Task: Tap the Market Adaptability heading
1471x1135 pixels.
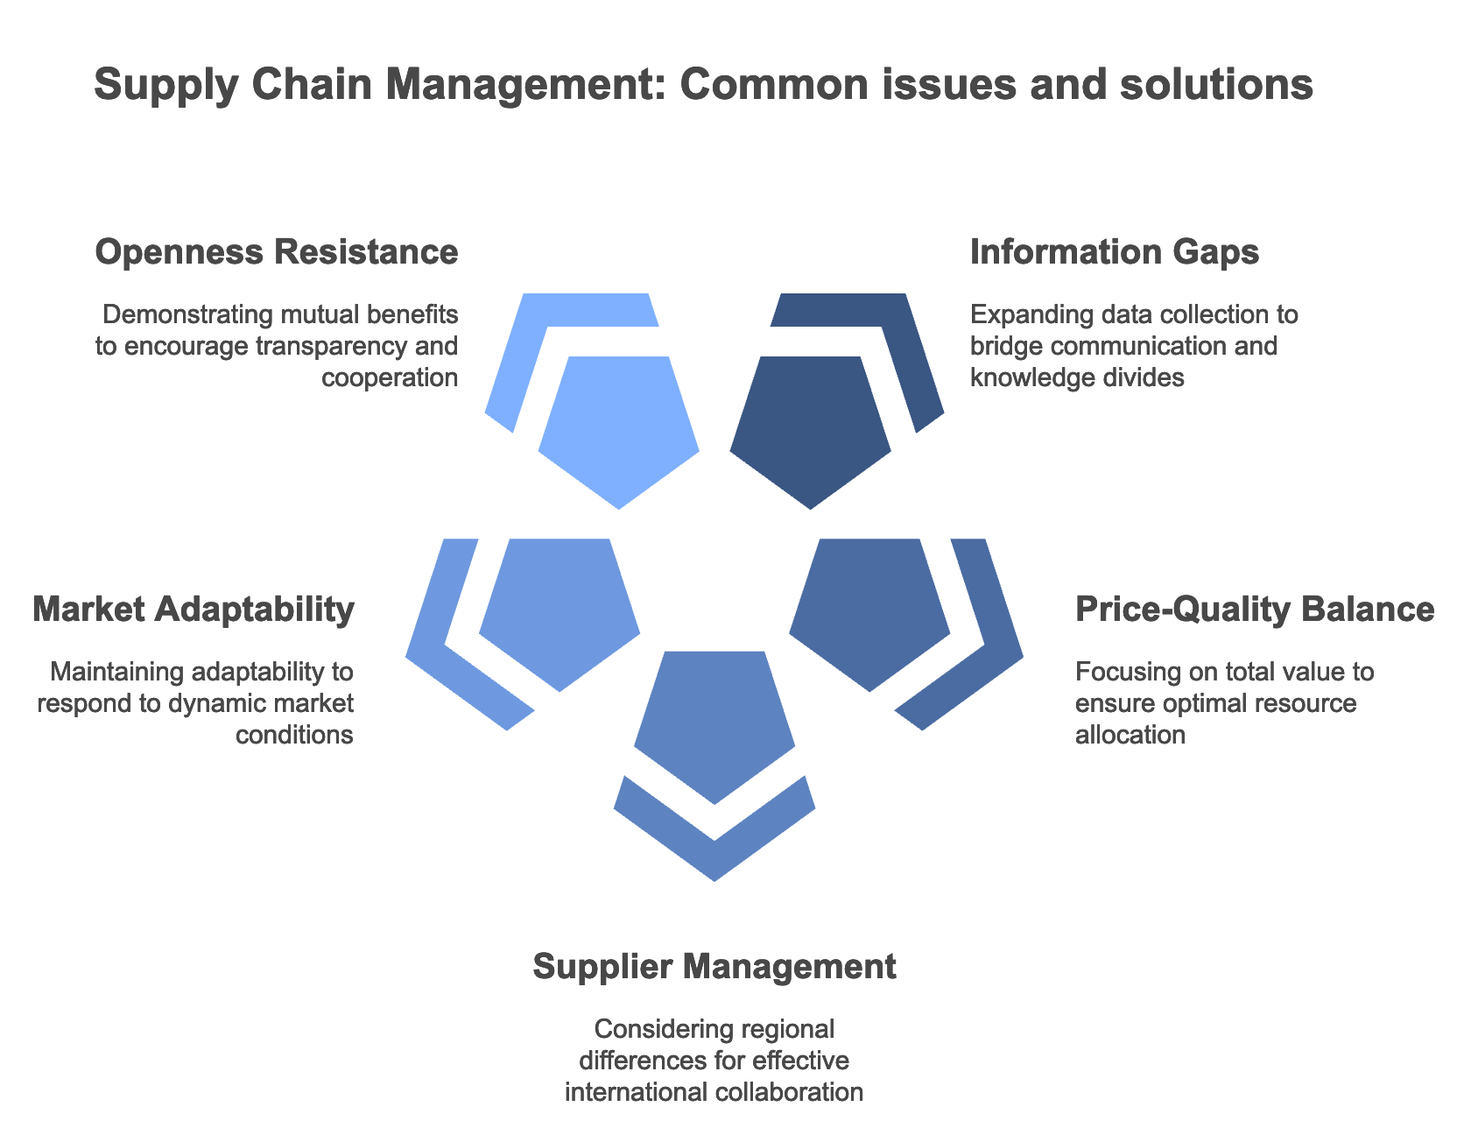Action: point(194,610)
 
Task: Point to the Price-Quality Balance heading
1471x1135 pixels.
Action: point(1255,610)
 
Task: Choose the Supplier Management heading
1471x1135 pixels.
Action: point(714,967)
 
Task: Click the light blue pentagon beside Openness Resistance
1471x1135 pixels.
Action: point(618,429)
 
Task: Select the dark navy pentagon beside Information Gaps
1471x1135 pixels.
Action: point(811,429)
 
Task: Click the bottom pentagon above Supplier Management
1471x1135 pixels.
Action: point(714,723)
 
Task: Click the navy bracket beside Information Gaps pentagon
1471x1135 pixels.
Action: point(911,350)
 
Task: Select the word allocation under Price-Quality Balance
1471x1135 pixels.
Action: point(1130,735)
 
